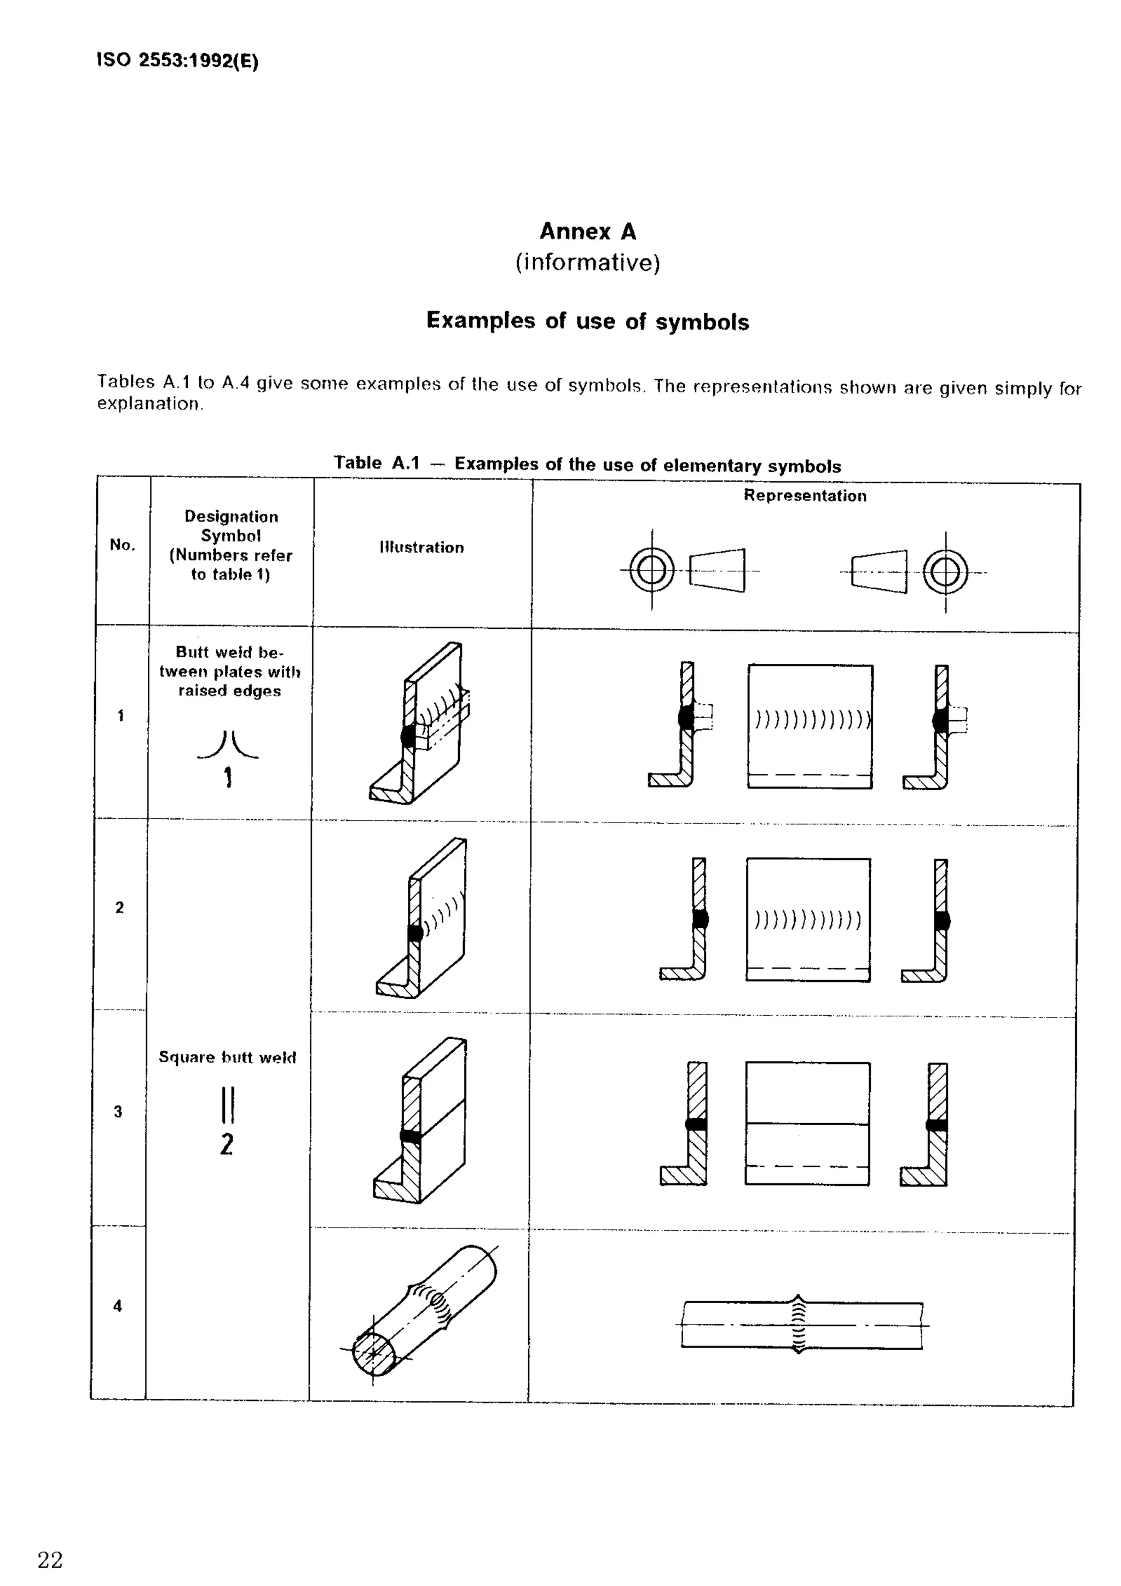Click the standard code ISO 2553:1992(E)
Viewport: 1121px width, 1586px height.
click(177, 61)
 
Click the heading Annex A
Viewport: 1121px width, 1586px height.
click(587, 231)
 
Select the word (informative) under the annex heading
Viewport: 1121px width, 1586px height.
click(587, 263)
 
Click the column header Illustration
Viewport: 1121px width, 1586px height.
click(421, 547)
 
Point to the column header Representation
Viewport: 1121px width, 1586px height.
click(805, 495)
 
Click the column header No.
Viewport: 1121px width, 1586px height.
click(122, 545)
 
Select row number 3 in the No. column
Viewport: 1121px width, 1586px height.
click(118, 1112)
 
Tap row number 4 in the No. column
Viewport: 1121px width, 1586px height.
click(118, 1306)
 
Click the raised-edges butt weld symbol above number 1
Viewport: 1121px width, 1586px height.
click(228, 745)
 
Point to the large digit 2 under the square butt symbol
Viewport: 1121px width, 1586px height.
click(227, 1144)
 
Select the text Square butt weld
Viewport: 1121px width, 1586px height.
click(227, 1057)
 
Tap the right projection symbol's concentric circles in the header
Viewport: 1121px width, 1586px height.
click(945, 572)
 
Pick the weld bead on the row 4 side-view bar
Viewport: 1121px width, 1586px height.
click(799, 1324)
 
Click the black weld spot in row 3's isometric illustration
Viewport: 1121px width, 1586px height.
click(411, 1136)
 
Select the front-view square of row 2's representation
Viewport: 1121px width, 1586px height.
click(808, 919)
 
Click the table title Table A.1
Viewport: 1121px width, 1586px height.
click(377, 463)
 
